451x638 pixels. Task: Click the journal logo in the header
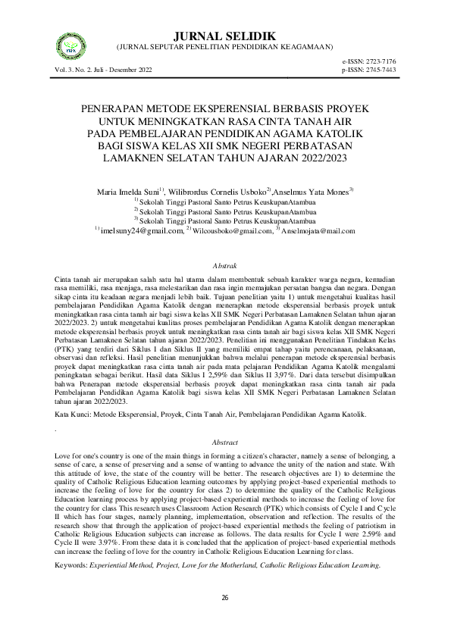click(x=71, y=48)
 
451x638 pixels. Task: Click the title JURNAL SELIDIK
click(x=224, y=36)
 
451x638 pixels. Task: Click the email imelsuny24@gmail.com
click(x=142, y=231)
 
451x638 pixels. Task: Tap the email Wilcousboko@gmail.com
click(x=231, y=231)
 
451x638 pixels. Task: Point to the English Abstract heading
click(x=225, y=442)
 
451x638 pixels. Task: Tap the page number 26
click(x=225, y=599)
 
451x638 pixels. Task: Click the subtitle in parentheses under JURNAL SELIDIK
click(x=224, y=47)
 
